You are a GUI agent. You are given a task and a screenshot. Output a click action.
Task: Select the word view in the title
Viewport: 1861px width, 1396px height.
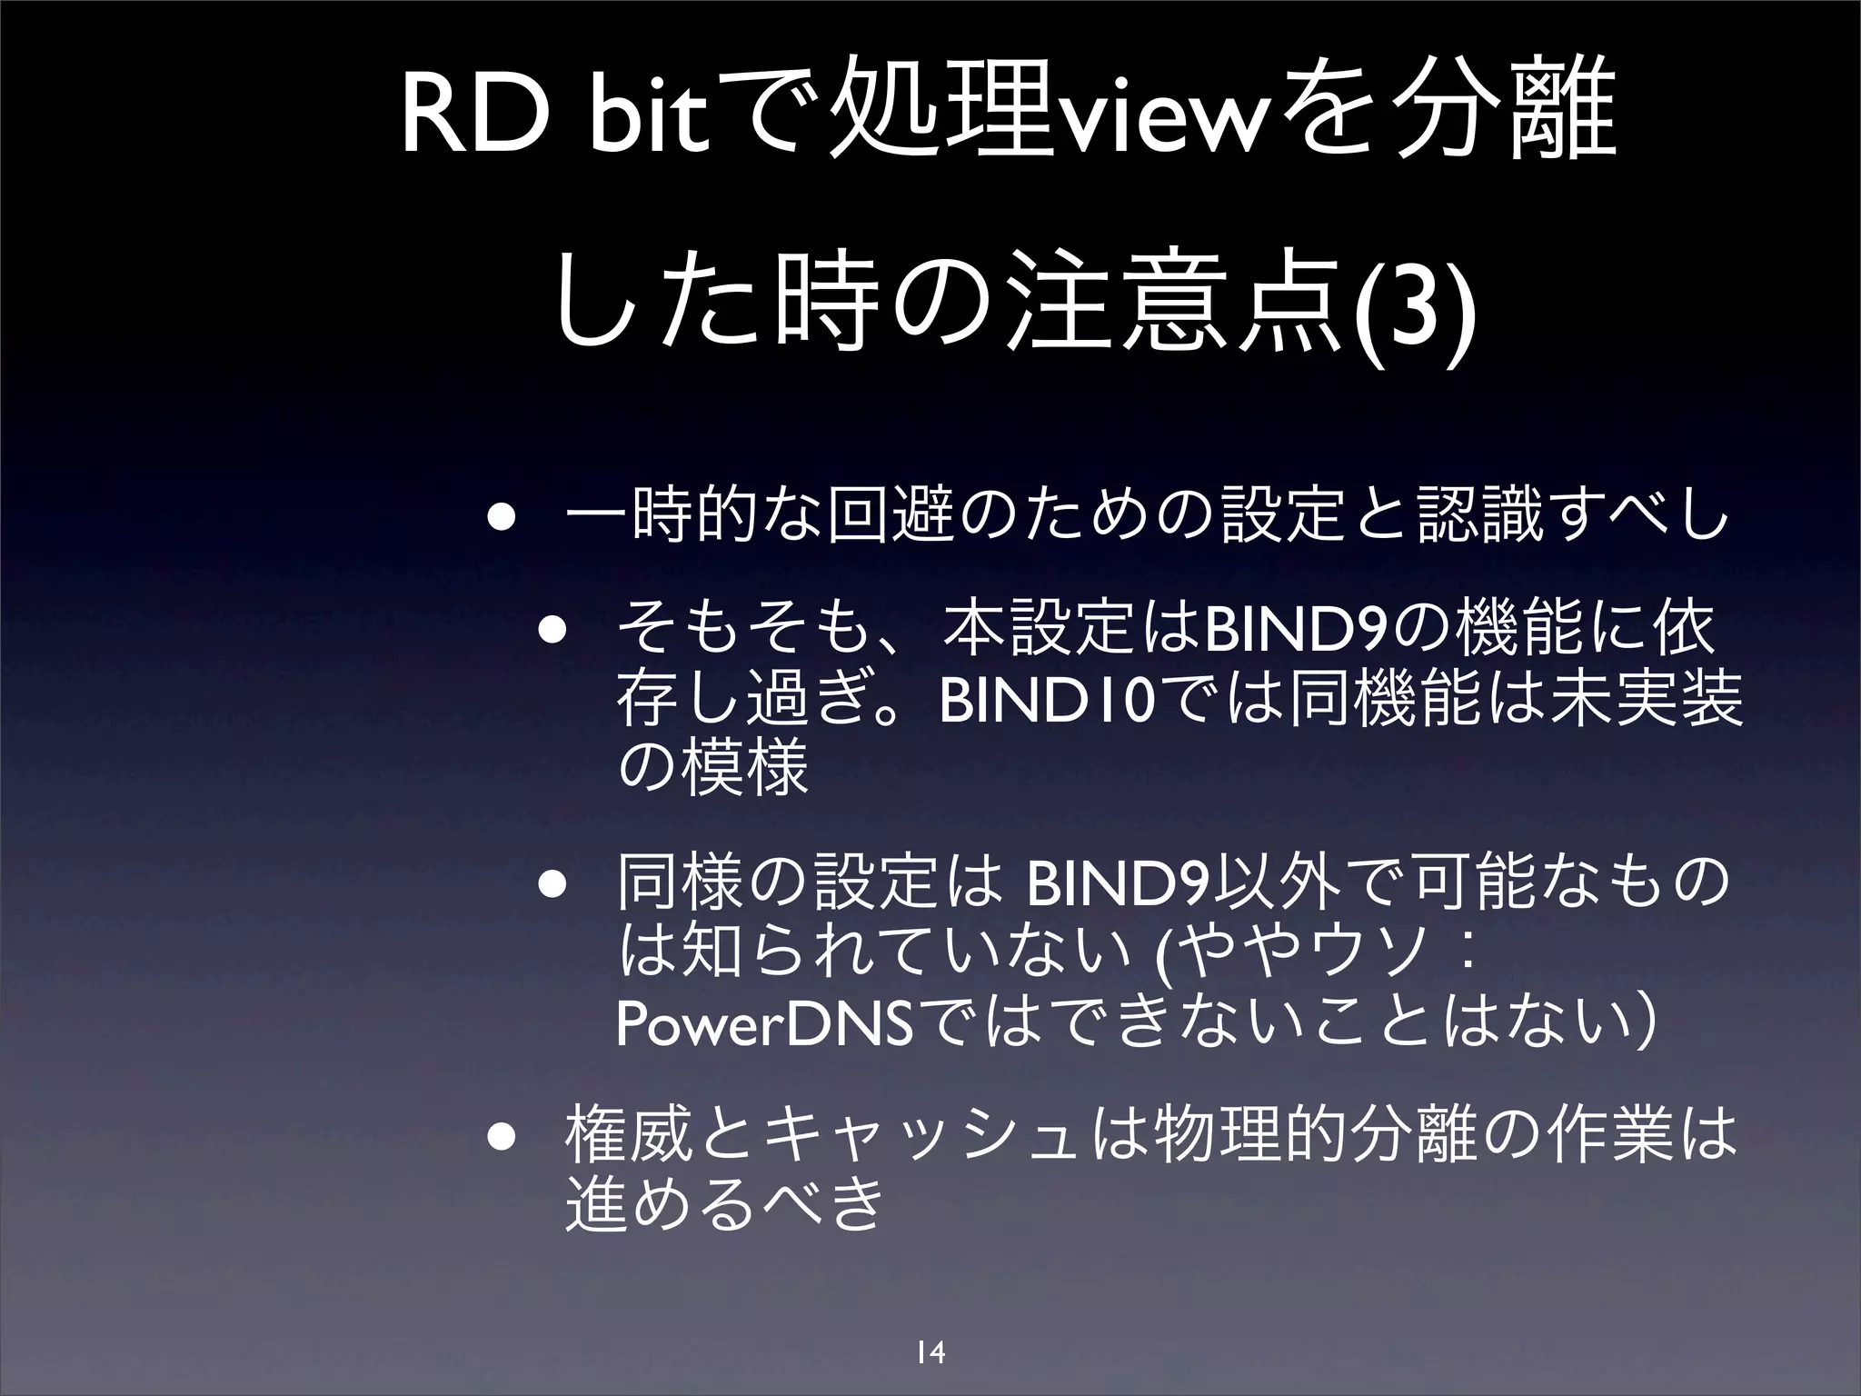point(1145,123)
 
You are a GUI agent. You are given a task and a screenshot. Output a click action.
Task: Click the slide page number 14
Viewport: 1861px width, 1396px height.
point(930,1352)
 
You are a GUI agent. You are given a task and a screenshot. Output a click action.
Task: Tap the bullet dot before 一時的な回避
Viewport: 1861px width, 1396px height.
point(499,522)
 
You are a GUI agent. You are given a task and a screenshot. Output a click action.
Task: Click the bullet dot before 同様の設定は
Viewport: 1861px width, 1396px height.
point(550,887)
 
